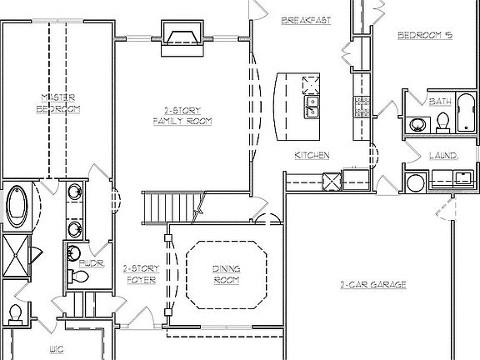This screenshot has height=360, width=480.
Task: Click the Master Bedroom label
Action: point(60,103)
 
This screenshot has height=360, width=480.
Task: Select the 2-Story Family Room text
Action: point(182,116)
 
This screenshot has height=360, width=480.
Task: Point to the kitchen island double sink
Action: point(314,106)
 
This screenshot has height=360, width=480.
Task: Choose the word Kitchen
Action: point(312,155)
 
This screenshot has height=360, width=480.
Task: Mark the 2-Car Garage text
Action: point(372,284)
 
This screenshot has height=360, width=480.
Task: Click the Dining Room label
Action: point(226,274)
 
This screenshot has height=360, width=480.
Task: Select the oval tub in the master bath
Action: point(17,206)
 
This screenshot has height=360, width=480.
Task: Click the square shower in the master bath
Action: point(16,250)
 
